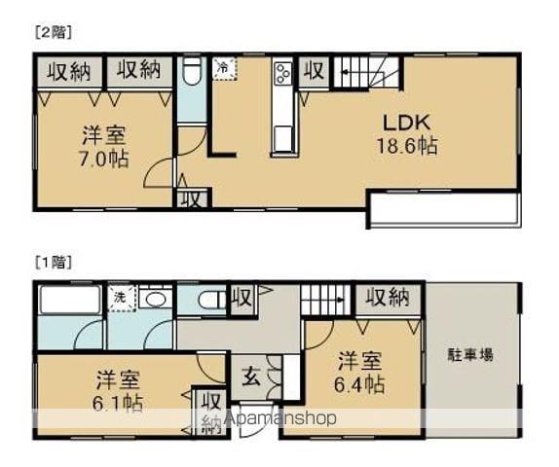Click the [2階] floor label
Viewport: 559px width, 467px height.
(x=55, y=31)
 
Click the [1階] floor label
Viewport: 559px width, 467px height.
(x=55, y=262)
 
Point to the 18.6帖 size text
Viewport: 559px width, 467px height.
(x=406, y=146)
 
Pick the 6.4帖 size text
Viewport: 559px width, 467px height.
(x=360, y=384)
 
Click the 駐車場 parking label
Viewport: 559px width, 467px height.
(x=470, y=354)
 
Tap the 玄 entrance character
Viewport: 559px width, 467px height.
(x=248, y=376)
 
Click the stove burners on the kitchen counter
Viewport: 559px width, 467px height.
(x=283, y=74)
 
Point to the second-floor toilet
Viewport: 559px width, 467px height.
(x=191, y=74)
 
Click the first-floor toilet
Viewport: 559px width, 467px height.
(x=209, y=301)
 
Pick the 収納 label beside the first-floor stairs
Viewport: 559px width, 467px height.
(x=387, y=297)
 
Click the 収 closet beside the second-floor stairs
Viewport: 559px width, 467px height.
(x=313, y=70)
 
